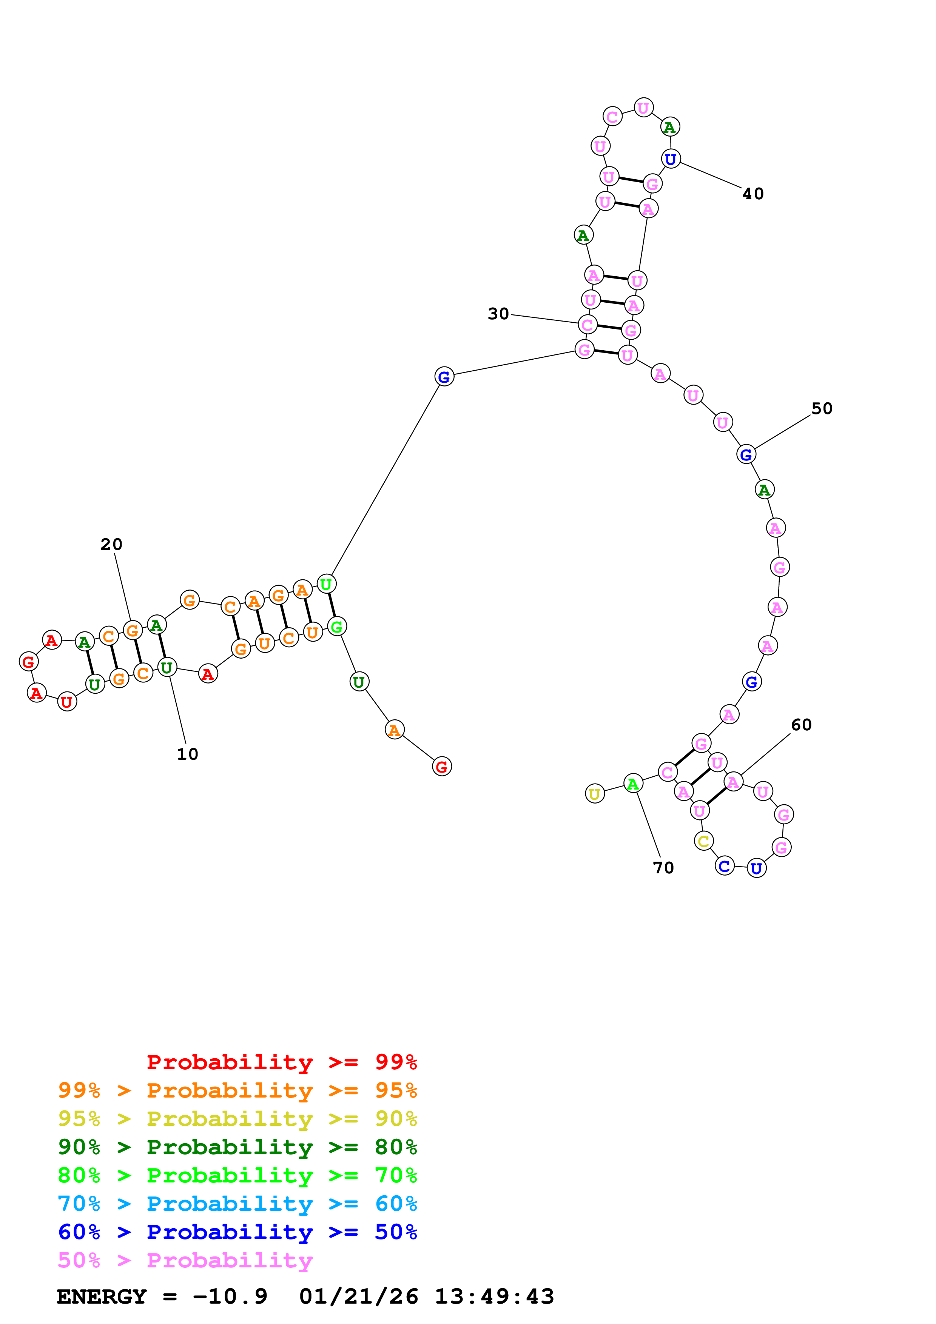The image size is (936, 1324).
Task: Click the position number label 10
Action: pos(187,754)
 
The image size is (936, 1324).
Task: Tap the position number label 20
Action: pos(111,544)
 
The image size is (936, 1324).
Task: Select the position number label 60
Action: pos(801,725)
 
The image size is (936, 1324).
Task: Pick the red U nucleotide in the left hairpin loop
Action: pos(67,702)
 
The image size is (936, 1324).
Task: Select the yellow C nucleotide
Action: pos(703,841)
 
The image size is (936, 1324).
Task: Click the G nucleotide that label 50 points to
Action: pos(746,454)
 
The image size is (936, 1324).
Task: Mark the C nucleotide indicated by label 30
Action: pos(588,325)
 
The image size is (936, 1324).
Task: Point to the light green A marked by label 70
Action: pos(633,784)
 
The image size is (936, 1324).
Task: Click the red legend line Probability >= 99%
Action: pos(281,1062)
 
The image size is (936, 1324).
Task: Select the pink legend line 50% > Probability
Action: pos(185,1261)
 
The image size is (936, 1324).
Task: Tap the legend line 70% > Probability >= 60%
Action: pos(237,1204)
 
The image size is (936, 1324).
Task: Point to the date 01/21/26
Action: pos(359,1297)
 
